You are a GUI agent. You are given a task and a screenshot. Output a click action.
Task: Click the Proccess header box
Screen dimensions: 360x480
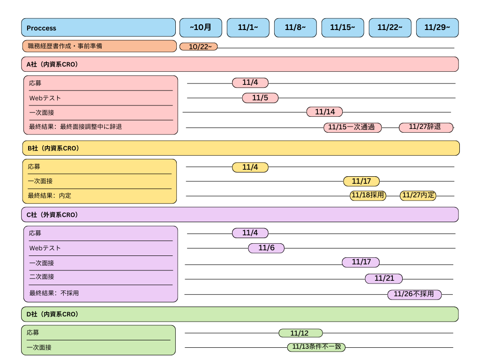(98, 28)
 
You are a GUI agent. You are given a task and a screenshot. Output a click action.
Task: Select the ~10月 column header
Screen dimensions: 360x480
(201, 28)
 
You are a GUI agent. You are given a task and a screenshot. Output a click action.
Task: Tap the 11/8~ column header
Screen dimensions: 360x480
(295, 28)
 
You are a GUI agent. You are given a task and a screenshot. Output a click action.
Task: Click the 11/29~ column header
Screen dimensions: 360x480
(437, 28)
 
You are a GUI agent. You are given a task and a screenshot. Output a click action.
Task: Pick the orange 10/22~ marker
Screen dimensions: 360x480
(199, 46)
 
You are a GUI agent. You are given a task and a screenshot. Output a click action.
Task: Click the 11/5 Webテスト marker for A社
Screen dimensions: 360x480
(260, 98)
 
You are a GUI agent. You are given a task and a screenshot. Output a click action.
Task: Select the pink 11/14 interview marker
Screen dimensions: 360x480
(324, 112)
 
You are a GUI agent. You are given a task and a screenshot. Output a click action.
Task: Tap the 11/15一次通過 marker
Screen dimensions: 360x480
(352, 127)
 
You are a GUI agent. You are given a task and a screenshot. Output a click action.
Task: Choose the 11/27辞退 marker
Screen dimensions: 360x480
(426, 127)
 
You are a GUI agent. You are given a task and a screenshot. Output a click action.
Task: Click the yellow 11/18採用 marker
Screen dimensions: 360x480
(368, 195)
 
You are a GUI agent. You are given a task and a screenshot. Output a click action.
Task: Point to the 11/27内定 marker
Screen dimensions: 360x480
(418, 195)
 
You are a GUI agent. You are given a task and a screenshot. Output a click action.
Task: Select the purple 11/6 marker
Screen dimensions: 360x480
(266, 248)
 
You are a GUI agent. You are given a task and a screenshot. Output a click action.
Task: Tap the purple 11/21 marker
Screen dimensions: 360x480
(384, 278)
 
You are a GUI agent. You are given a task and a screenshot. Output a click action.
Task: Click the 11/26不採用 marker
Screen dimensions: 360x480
(414, 294)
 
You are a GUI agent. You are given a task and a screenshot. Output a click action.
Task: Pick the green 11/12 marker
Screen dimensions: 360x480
(300, 333)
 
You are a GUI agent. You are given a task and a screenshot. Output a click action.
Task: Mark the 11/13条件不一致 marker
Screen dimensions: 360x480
(316, 347)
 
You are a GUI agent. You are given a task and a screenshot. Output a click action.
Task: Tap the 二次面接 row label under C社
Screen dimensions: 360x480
(42, 277)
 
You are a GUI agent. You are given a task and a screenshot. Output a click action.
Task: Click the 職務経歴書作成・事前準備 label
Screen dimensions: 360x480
(65, 46)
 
